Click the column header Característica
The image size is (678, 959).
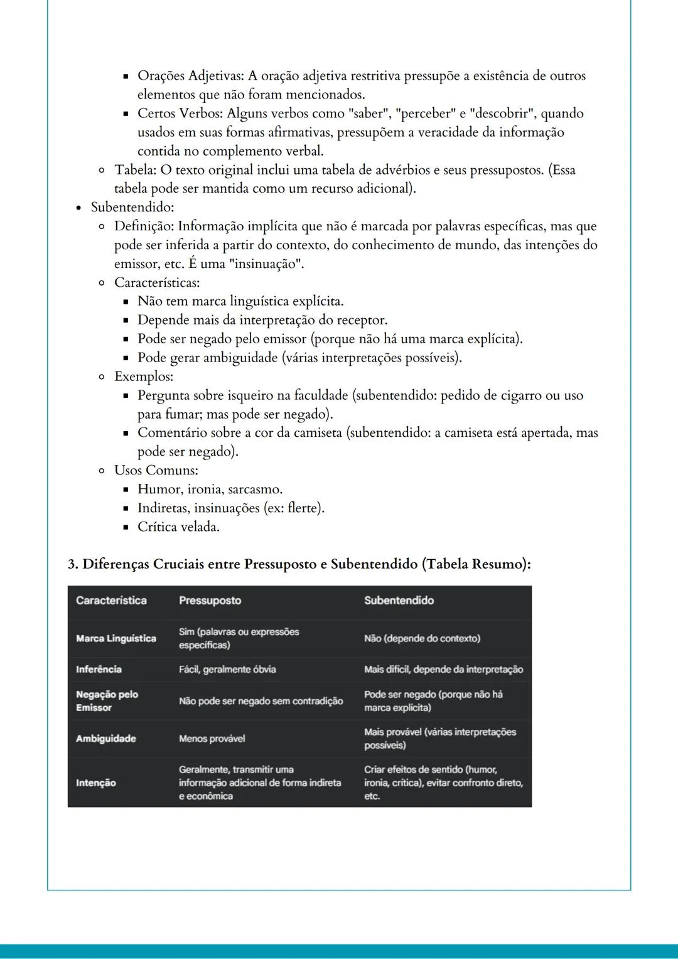(111, 601)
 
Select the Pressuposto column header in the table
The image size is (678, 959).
(210, 601)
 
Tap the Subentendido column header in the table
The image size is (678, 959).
(399, 601)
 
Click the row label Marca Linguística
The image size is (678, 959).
(116, 638)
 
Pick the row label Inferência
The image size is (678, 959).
(99, 670)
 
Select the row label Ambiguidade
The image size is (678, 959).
(105, 739)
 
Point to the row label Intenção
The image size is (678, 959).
(95, 783)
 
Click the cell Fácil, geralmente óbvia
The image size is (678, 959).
(227, 670)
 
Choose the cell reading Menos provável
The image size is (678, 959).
(212, 739)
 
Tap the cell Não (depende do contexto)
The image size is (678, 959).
(422, 638)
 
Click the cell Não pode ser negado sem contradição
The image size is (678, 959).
(261, 701)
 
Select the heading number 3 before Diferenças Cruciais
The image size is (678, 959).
(73, 564)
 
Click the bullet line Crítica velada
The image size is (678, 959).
(178, 527)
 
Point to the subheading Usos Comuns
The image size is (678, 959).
(156, 471)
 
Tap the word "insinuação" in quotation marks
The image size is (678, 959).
(268, 264)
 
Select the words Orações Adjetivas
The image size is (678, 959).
(190, 76)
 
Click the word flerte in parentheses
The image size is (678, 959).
(303, 508)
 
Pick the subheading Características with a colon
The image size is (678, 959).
(157, 282)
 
